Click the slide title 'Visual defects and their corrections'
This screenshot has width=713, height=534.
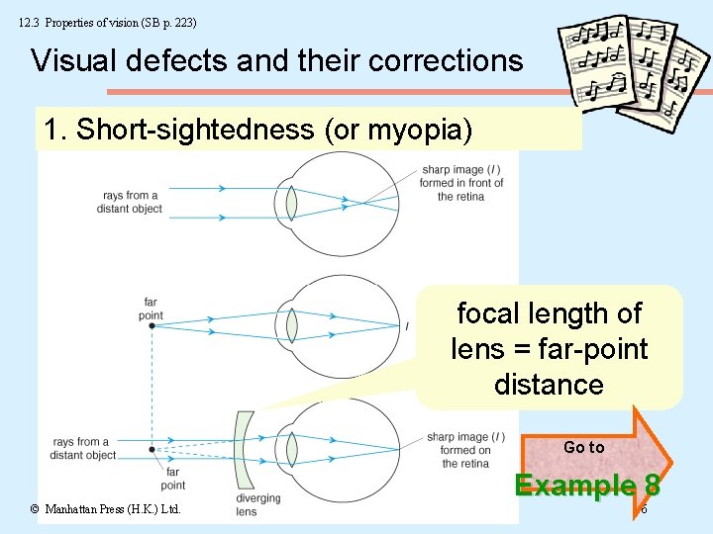pos(276,60)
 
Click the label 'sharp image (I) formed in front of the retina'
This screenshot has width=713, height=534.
pos(461,183)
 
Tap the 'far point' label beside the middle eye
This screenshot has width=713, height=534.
pos(151,309)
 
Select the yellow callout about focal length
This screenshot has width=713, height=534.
pos(549,348)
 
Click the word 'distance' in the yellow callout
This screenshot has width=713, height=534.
pos(549,385)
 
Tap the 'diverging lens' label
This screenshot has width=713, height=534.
pos(258,504)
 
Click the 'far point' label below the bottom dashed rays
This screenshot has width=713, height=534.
pos(173,479)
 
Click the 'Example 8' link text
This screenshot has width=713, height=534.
pos(588,486)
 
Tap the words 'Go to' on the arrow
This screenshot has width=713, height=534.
pos(583,447)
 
